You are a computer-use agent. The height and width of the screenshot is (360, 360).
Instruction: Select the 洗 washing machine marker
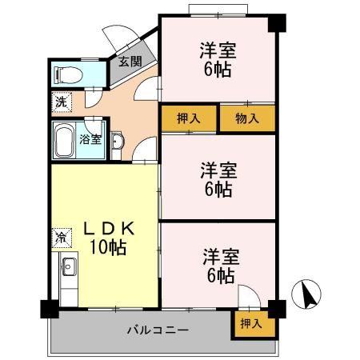pos(61,102)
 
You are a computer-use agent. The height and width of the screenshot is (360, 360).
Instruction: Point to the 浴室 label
pos(90,140)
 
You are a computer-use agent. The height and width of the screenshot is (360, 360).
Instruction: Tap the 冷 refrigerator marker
pos(61,237)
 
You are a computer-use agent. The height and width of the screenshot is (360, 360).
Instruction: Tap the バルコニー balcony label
pos(157,330)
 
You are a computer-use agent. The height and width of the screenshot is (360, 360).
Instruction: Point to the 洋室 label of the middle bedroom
pos(218,170)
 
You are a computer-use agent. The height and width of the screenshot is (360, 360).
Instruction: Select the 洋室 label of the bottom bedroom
pos(218,258)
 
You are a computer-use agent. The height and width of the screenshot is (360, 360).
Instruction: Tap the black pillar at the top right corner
pos(276,22)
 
